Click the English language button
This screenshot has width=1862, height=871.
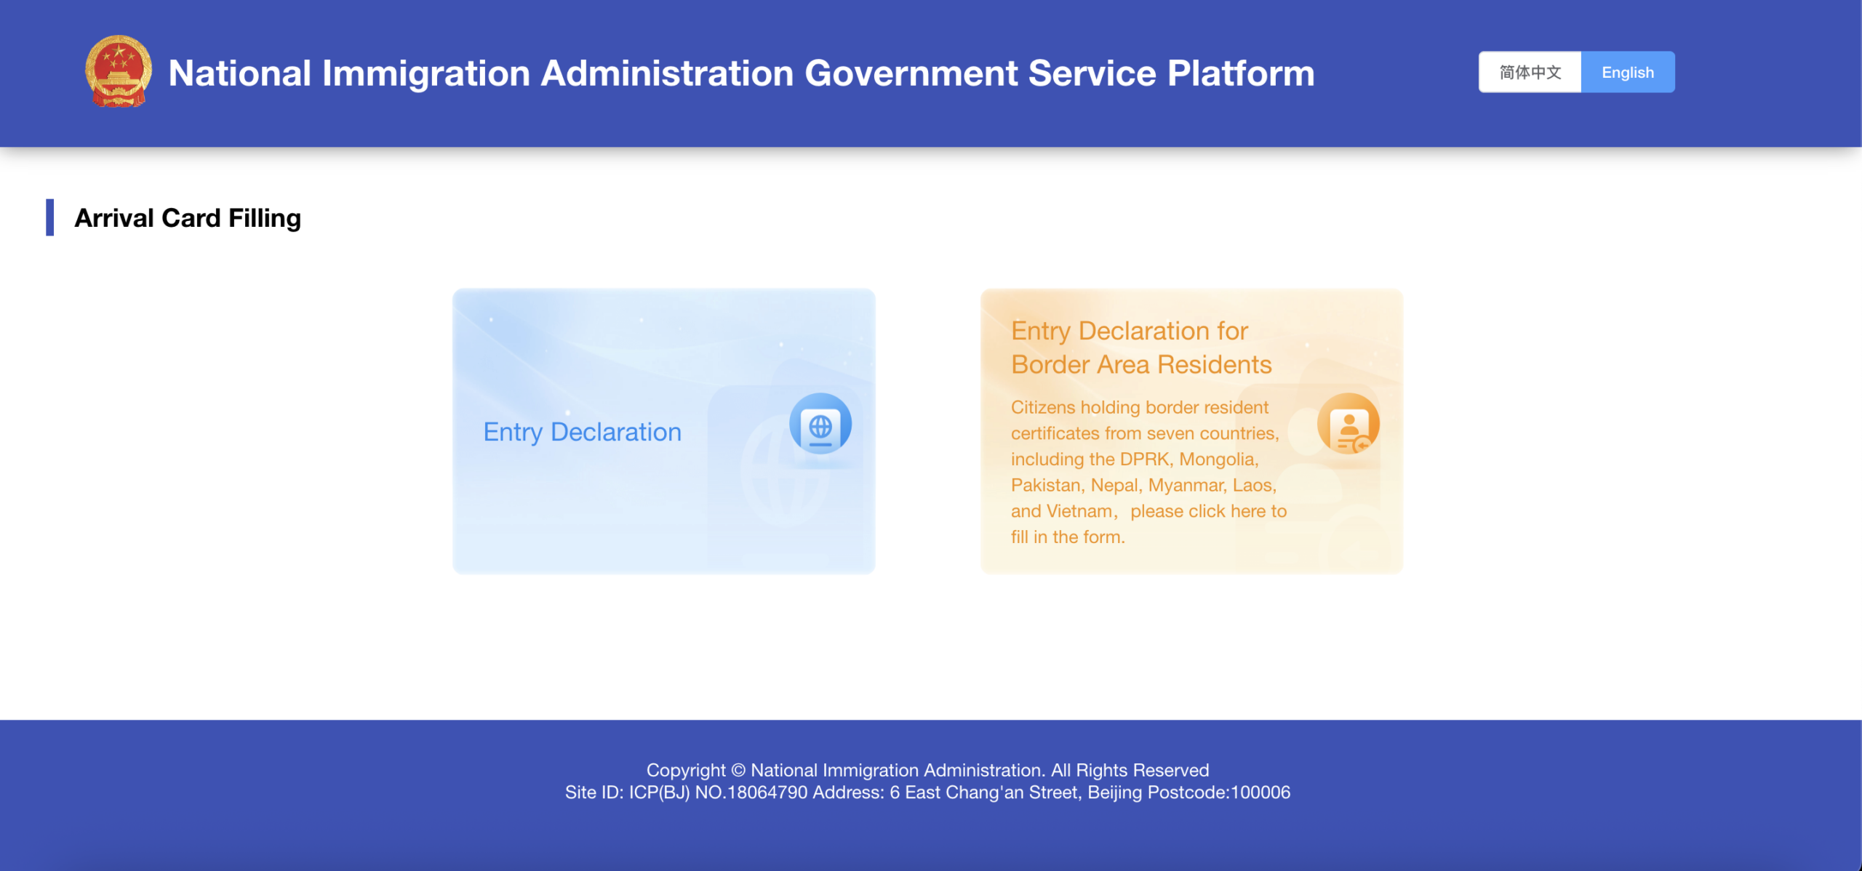coord(1628,72)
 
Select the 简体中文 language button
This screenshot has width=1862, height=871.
coord(1530,72)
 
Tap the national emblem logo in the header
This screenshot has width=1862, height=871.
coord(119,71)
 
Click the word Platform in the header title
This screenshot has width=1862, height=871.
coord(1241,73)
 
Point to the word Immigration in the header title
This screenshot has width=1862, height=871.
coord(426,74)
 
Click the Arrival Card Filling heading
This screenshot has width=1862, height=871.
coord(188,218)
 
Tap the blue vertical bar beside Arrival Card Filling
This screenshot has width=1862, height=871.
coord(49,217)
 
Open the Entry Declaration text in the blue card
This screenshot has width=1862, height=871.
coord(583,432)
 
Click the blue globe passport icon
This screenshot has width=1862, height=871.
coord(820,424)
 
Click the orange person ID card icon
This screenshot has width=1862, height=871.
coord(1348,424)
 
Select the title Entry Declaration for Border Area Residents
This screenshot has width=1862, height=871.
coord(1141,348)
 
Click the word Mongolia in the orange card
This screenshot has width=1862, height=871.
coord(1218,459)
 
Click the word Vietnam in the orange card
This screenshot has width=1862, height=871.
coord(1079,511)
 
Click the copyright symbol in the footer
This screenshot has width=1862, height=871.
coord(738,770)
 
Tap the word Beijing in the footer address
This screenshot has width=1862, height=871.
coord(1115,792)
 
